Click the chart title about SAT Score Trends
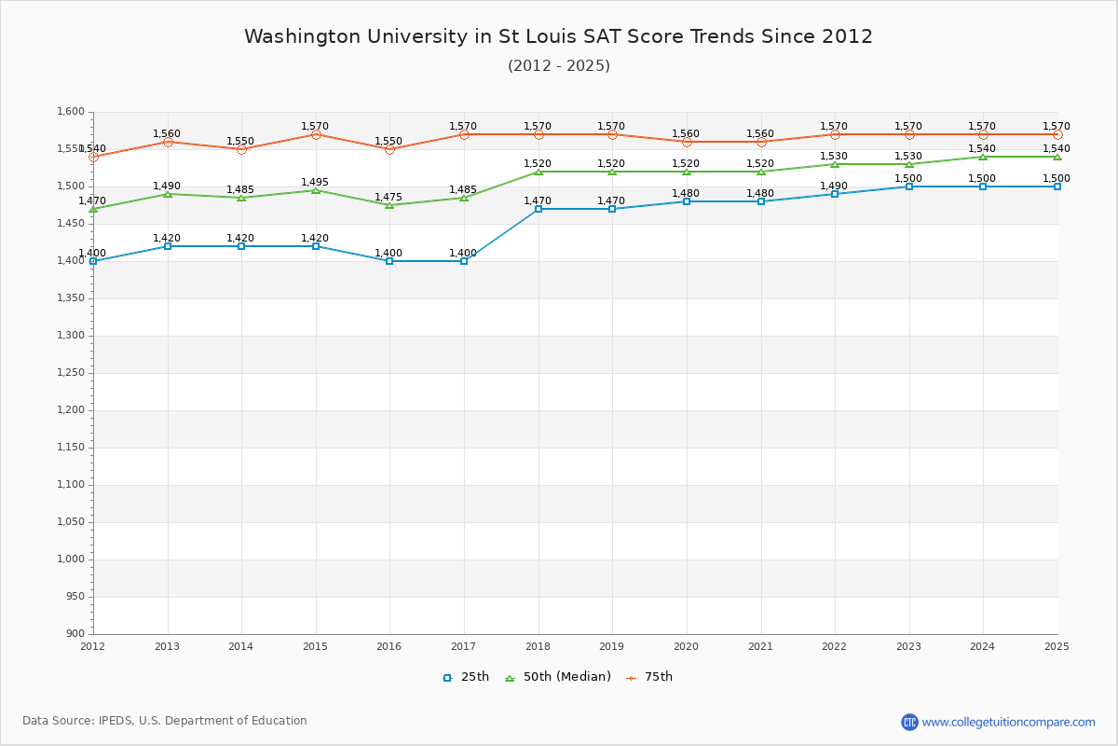[558, 36]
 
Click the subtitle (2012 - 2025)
[558, 66]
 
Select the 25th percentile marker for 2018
[539, 209]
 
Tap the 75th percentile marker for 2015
[316, 134]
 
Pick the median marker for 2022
[835, 164]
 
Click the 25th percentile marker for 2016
[389, 261]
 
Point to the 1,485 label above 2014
[240, 190]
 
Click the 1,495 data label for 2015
[315, 183]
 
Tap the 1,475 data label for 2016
[389, 198]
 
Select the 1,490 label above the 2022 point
[834, 186]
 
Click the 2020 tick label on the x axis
[686, 646]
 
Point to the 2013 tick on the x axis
[167, 646]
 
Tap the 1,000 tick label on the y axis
[70, 559]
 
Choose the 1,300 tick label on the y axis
[70, 336]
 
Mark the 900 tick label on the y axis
[75, 634]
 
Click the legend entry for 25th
[466, 677]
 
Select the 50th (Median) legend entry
[558, 677]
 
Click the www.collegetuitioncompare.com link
[1008, 722]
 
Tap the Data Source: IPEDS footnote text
[165, 721]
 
